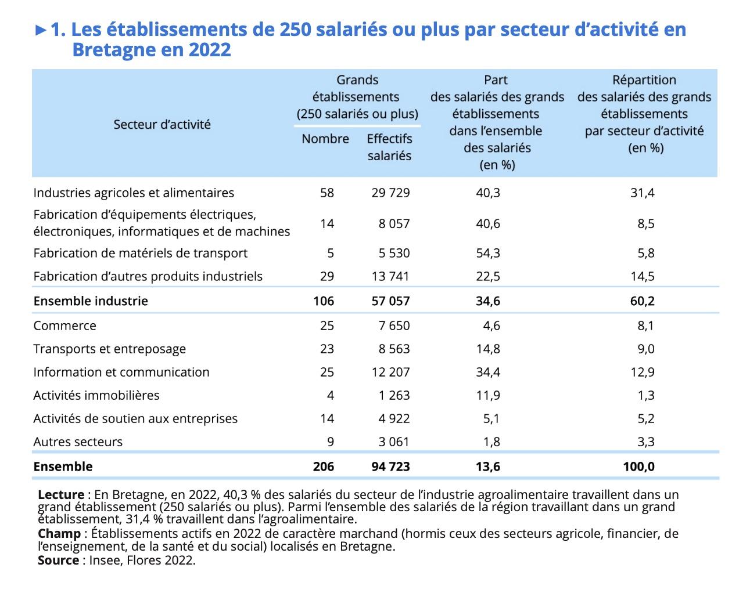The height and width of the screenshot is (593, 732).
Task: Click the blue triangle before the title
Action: pyautogui.click(x=41, y=30)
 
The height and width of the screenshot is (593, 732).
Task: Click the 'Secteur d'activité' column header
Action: pyautogui.click(x=162, y=124)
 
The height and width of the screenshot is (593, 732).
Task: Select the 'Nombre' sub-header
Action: pyautogui.click(x=325, y=139)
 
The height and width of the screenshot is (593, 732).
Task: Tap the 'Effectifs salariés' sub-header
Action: pyautogui.click(x=389, y=147)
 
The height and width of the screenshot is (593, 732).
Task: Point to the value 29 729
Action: pyautogui.click(x=390, y=193)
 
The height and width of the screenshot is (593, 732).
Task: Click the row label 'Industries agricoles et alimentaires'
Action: pyautogui.click(x=134, y=193)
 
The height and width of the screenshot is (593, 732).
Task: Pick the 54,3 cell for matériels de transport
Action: pyautogui.click(x=488, y=253)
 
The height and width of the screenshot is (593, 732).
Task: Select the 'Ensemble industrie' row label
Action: pyautogui.click(x=91, y=301)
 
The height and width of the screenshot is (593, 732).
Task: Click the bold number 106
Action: pyautogui.click(x=324, y=301)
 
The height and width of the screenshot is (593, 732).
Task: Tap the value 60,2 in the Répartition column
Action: pyautogui.click(x=643, y=301)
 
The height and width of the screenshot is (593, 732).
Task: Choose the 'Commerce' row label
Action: pyautogui.click(x=64, y=326)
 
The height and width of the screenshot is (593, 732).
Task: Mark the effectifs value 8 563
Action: pyautogui.click(x=394, y=349)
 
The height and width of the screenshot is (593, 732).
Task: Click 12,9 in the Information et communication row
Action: pyautogui.click(x=643, y=372)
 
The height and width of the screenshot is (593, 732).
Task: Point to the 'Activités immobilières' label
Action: pyautogui.click(x=96, y=395)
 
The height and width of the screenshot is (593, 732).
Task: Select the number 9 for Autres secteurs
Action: pyautogui.click(x=330, y=442)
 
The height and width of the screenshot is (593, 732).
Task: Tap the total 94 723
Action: pyautogui.click(x=390, y=467)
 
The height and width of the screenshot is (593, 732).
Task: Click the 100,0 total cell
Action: pyautogui.click(x=639, y=467)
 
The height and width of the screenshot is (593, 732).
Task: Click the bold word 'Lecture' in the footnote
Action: pyautogui.click(x=61, y=494)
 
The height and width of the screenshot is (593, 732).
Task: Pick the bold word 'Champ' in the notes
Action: pyautogui.click(x=59, y=534)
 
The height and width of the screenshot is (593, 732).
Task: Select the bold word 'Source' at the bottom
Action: pyautogui.click(x=59, y=560)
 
